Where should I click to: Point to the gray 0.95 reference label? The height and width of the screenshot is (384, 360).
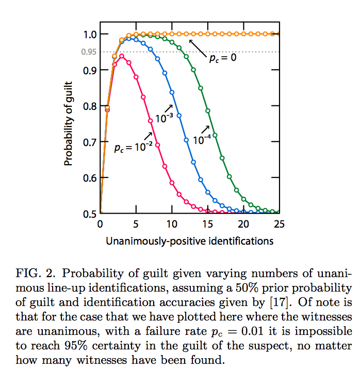coord(88,52)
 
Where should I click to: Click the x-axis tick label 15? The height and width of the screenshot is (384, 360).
coord(207,225)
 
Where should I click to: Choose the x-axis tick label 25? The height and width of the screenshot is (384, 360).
coord(279,225)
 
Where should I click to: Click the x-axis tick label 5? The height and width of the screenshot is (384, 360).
coord(136,225)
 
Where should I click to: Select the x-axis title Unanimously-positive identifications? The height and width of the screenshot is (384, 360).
coord(189,241)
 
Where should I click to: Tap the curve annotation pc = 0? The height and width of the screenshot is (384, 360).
coord(222,58)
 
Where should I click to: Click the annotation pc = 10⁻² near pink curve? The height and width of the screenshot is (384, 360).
coord(133,148)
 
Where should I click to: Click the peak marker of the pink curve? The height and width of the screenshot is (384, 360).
coord(122,56)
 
